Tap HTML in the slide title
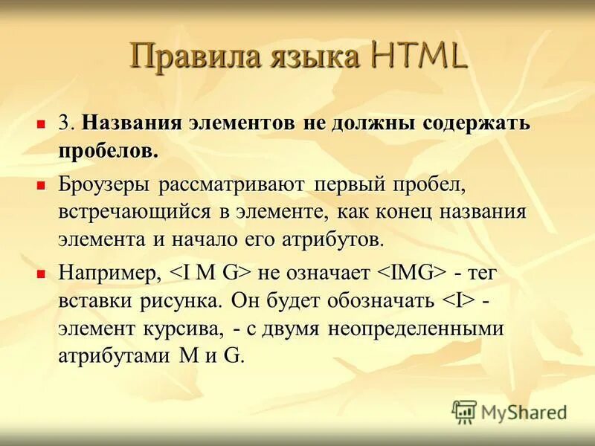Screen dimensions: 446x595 (x=416, y=58)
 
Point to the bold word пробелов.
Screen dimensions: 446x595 (x=109, y=151)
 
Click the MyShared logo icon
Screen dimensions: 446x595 (x=464, y=410)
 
